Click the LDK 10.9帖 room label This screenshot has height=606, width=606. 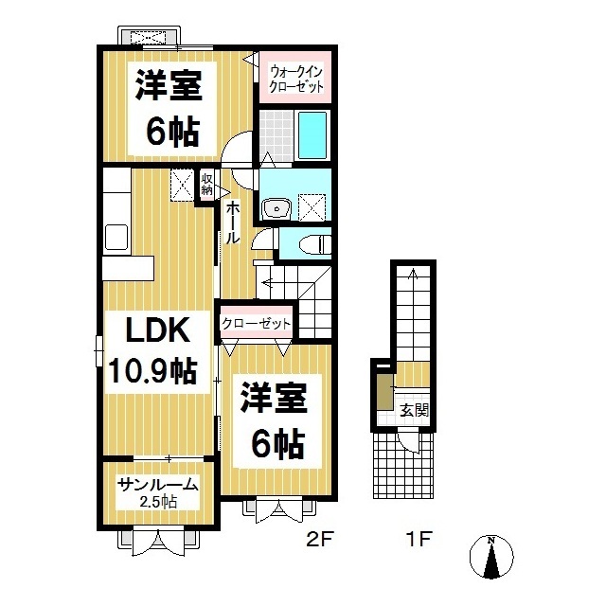click(x=154, y=349)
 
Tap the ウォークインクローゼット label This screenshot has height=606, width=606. click(x=295, y=79)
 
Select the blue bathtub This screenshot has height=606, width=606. click(x=312, y=135)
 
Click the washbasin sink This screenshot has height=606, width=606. click(x=276, y=209)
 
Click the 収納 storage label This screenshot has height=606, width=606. click(x=206, y=185)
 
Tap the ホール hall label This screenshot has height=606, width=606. click(x=232, y=223)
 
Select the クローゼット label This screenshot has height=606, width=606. click(x=256, y=324)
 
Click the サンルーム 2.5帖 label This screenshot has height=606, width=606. click(x=158, y=492)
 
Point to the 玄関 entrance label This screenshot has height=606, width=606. click(x=415, y=410)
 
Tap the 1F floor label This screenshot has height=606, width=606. click(x=419, y=539)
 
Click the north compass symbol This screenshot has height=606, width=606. click(x=491, y=557)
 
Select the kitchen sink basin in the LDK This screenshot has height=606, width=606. click(x=116, y=238)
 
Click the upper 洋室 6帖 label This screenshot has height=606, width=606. click(x=170, y=108)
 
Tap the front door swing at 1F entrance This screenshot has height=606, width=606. click(x=408, y=440)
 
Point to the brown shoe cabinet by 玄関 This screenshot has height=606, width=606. click(x=385, y=391)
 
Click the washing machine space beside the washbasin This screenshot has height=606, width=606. click(x=312, y=207)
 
